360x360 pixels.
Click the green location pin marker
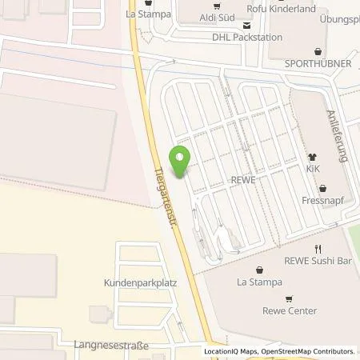coord(181,162)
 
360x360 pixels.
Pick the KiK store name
coord(314,171)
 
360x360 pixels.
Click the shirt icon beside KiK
coord(314,158)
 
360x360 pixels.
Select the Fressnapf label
coord(326,200)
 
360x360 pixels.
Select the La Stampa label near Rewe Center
coord(258,282)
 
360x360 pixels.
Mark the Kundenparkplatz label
coord(140,283)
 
